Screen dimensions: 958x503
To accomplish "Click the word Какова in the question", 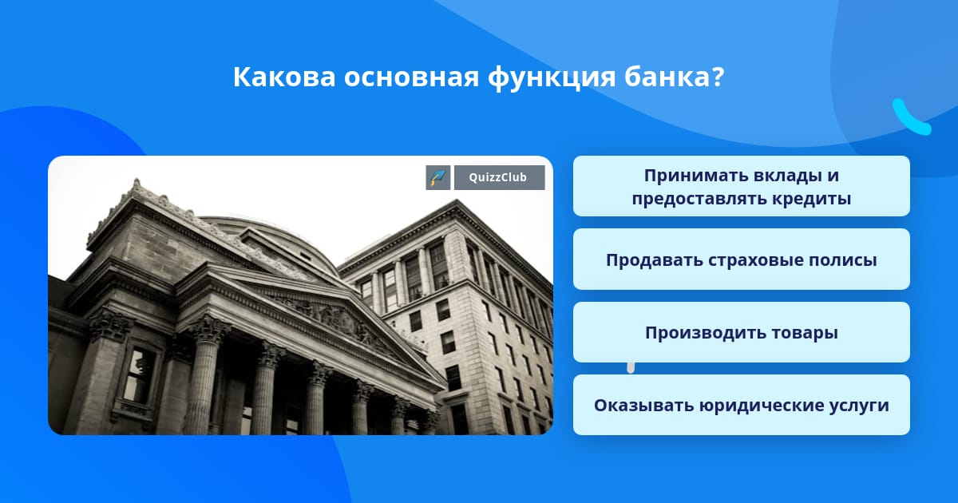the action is [284, 77].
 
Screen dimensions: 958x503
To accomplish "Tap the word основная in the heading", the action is [411, 77].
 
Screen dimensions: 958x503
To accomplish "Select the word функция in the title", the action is [552, 78].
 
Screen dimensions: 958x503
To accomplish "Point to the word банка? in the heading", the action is [674, 77].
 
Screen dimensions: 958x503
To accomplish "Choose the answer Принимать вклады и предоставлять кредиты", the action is [741, 186].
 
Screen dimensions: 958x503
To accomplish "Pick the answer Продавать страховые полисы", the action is [741, 259].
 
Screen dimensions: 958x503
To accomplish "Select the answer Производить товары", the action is [741, 332].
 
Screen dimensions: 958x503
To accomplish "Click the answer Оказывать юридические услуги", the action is [741, 405].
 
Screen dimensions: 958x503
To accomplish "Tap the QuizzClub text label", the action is [498, 177].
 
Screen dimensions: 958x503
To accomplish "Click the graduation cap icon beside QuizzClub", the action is [438, 177].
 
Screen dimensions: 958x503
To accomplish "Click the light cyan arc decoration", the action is [911, 117].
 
